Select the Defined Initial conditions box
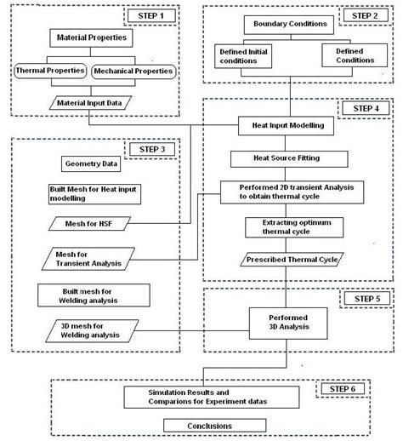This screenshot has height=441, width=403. tap(244, 57)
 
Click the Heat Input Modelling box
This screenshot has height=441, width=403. tap(288, 125)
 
